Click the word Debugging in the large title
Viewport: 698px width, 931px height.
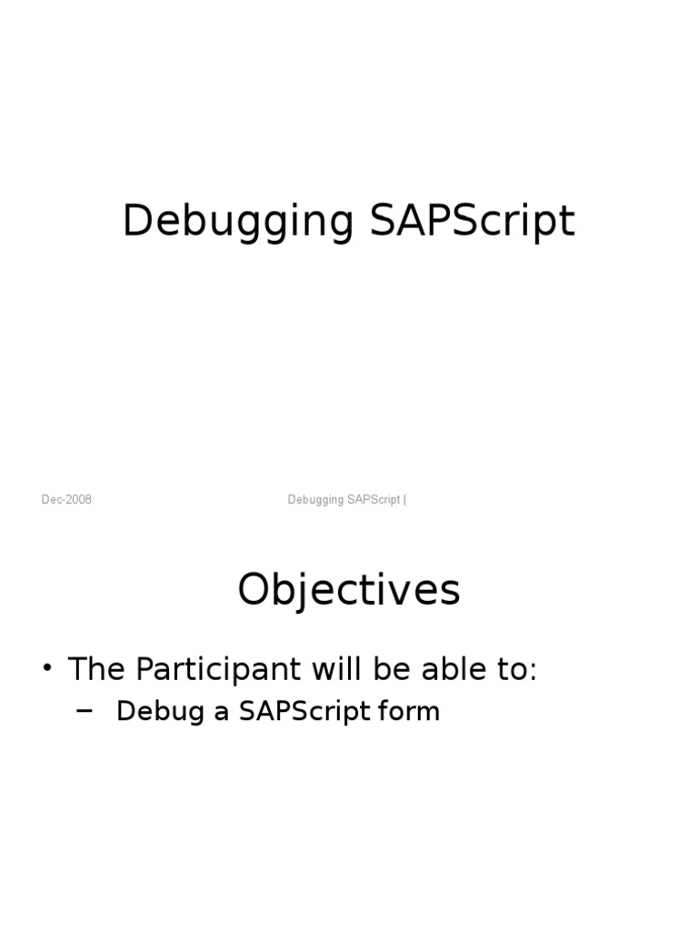pyautogui.click(x=238, y=223)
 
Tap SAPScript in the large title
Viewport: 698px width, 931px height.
pyautogui.click(x=473, y=223)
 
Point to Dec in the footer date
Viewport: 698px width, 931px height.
pyautogui.click(x=51, y=500)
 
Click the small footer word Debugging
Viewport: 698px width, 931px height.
pyautogui.click(x=315, y=500)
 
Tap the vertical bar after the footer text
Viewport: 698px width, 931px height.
pyautogui.click(x=404, y=500)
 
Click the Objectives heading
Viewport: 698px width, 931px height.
pyautogui.click(x=349, y=591)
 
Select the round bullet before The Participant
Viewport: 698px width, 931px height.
pyautogui.click(x=48, y=671)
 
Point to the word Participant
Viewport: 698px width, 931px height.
pyautogui.click(x=217, y=670)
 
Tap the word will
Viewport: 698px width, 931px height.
pyautogui.click(x=335, y=670)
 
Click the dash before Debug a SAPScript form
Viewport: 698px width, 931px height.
pyautogui.click(x=85, y=710)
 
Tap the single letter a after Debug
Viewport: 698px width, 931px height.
pyautogui.click(x=221, y=711)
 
